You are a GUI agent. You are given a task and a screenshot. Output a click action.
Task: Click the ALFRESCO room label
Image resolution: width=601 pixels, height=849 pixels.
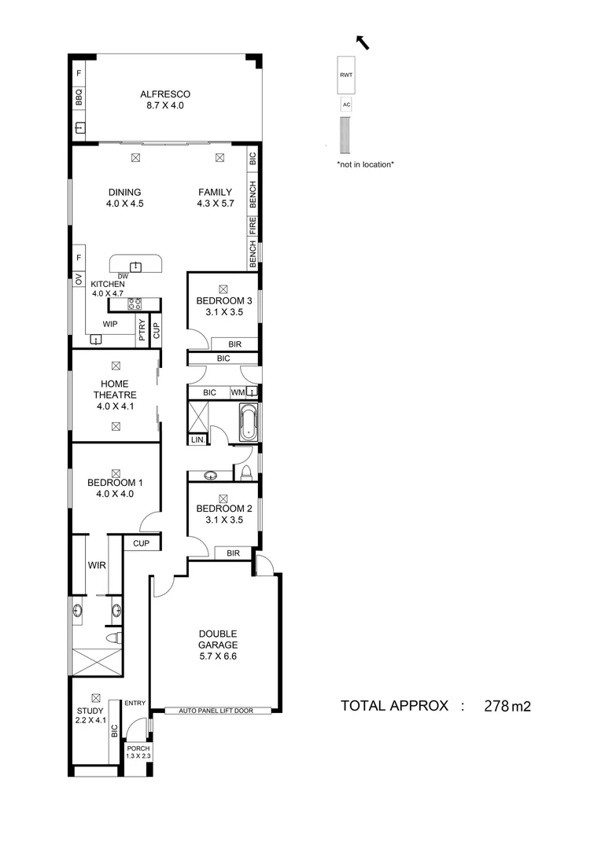point(165,94)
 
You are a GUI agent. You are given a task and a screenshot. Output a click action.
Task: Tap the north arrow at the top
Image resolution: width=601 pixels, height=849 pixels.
point(363,42)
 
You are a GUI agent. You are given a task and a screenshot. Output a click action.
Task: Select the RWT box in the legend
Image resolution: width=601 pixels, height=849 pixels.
point(345,75)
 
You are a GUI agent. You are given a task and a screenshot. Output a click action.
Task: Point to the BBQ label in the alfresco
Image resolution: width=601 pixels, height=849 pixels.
point(79,97)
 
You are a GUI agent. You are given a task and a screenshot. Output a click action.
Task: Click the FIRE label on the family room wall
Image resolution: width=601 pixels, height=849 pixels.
point(253,228)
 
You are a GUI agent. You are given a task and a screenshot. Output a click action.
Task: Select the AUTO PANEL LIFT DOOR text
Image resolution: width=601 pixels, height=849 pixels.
point(219,711)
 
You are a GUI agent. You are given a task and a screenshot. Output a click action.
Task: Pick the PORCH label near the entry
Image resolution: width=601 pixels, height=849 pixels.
point(138,748)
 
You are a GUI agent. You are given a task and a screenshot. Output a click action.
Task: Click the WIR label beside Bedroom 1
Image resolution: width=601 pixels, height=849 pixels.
point(97,564)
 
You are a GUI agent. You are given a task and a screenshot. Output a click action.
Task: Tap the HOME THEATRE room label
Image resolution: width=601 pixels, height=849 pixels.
point(116,389)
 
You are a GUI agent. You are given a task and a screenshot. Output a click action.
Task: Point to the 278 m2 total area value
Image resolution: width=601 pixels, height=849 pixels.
point(507,705)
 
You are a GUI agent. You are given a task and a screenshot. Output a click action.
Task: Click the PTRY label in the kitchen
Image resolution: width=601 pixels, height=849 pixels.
point(142,332)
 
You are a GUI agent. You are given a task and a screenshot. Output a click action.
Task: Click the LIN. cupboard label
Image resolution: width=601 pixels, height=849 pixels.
point(197,440)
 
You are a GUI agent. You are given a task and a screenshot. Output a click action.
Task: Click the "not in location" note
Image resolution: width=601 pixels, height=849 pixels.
point(365,164)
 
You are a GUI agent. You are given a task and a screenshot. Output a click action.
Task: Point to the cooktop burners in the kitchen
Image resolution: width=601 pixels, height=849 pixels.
point(134,303)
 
